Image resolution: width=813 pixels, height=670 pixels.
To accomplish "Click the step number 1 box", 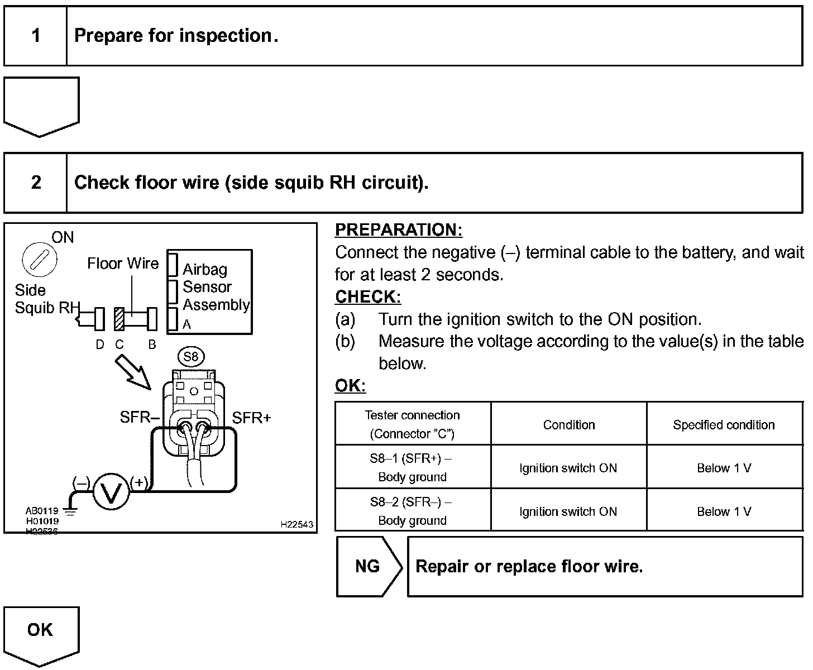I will [x=36, y=36].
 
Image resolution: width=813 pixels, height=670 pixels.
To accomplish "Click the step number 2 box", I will [x=36, y=183].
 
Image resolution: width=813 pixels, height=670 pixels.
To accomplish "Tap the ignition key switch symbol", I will [x=40, y=259].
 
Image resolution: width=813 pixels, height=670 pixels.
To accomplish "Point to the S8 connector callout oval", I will [x=191, y=356].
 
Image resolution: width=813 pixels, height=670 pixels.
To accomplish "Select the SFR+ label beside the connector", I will [x=251, y=418].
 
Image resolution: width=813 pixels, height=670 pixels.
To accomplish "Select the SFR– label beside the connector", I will [x=140, y=418].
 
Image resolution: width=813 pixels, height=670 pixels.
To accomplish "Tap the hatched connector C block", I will [x=119, y=319].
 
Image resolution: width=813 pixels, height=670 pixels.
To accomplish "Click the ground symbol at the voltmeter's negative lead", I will [x=70, y=509].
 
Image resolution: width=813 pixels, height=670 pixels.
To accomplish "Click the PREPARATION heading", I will [x=399, y=230].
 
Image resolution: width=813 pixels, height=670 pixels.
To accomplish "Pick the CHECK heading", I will [x=368, y=297].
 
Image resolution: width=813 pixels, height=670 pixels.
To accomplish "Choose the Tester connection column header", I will [x=412, y=424].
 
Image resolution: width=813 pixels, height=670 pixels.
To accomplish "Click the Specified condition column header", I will [x=724, y=425].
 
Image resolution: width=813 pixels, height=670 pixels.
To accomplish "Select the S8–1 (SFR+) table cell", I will [x=412, y=467].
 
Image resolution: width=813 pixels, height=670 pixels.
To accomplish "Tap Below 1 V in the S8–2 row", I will [x=724, y=511].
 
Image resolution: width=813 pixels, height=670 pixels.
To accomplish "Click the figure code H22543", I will [x=296, y=525].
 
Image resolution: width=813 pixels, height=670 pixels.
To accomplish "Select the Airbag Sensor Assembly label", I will [x=216, y=287].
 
